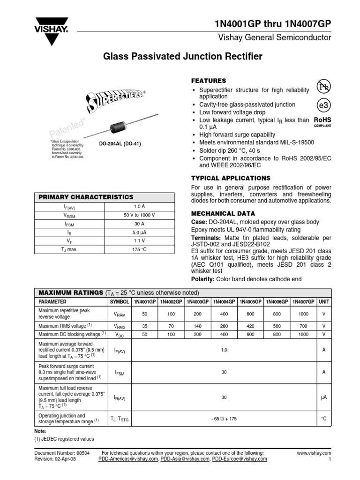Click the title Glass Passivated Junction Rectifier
[182, 57]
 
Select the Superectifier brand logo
[115, 100]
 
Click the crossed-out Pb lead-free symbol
[323, 87]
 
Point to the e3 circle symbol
[323, 105]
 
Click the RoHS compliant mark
[322, 122]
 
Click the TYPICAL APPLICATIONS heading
[231, 178]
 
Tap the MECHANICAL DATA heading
[220, 213]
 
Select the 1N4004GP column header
[225, 302]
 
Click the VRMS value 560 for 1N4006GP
[277, 326]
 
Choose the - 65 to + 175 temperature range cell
[225, 418]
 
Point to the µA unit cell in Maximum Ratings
[323, 397]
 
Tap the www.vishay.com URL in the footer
[314, 453]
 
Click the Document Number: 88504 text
[62, 453]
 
